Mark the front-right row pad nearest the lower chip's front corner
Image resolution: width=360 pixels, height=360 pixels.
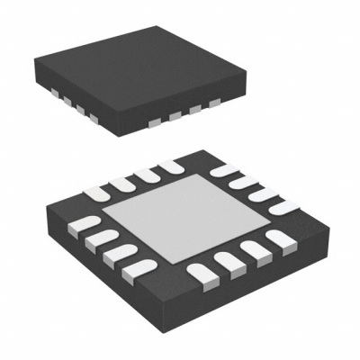pos(196,266)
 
